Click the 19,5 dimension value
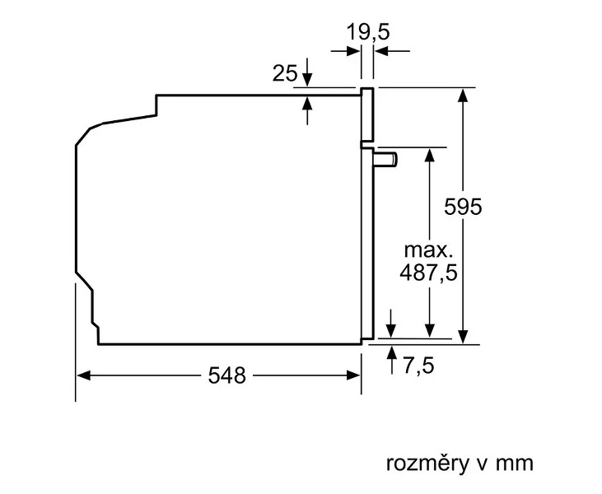pyautogui.click(x=368, y=32)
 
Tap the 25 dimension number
pyautogui.click(x=285, y=73)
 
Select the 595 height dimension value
pyautogui.click(x=463, y=207)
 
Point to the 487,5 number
pyautogui.click(x=428, y=273)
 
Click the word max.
pyautogui.click(x=428, y=250)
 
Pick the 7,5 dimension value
pyautogui.click(x=418, y=365)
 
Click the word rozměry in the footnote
pyautogui.click(x=427, y=464)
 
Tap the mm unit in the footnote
pyautogui.click(x=515, y=464)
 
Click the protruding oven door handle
pyautogui.click(x=386, y=159)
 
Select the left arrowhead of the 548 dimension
pyautogui.click(x=83, y=375)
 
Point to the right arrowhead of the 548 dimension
pyautogui.click(x=353, y=375)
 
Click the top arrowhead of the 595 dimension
pyautogui.click(x=464, y=95)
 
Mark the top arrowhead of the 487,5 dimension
pyautogui.click(x=430, y=155)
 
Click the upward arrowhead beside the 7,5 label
pyautogui.click(x=392, y=352)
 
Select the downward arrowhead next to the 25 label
pyautogui.click(x=306, y=80)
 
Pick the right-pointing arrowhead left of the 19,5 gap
pyautogui.click(x=353, y=50)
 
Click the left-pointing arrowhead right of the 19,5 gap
pyautogui.click(x=381, y=50)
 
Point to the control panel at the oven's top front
pyautogui.click(x=367, y=114)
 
